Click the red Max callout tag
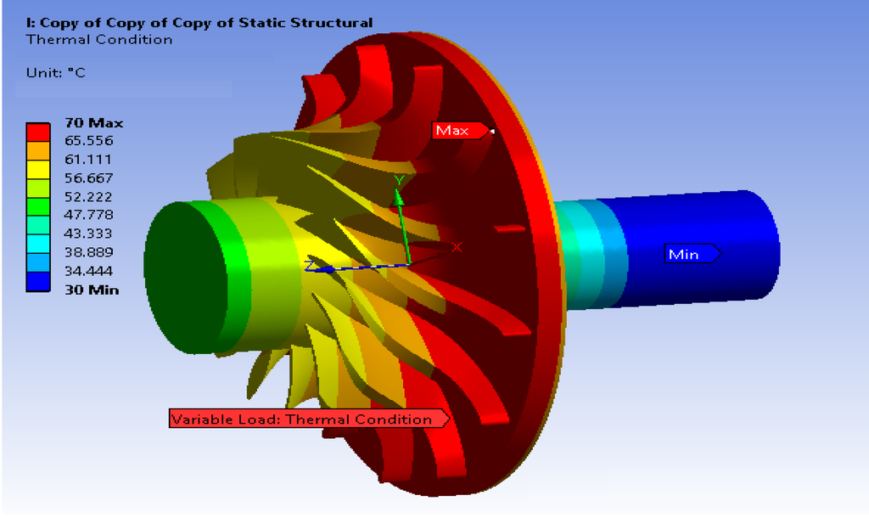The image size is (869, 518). click(x=461, y=130)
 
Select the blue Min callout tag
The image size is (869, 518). click(x=692, y=254)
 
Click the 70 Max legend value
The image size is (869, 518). click(x=93, y=122)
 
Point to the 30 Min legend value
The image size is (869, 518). click(x=92, y=290)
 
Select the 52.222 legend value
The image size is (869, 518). click(x=88, y=196)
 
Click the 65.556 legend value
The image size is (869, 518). click(x=88, y=140)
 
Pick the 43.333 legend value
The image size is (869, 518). click(x=88, y=233)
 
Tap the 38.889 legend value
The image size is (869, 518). click(x=88, y=252)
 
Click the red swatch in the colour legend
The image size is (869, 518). click(x=38, y=132)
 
